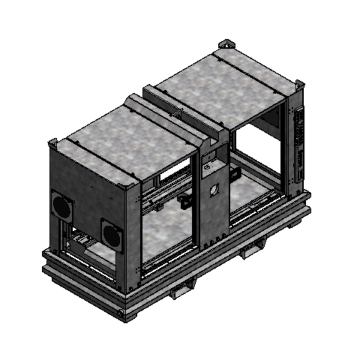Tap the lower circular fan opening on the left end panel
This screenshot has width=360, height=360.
tap(112, 235)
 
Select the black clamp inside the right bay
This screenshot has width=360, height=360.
tap(235, 174)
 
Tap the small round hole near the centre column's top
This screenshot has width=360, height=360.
tap(211, 161)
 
